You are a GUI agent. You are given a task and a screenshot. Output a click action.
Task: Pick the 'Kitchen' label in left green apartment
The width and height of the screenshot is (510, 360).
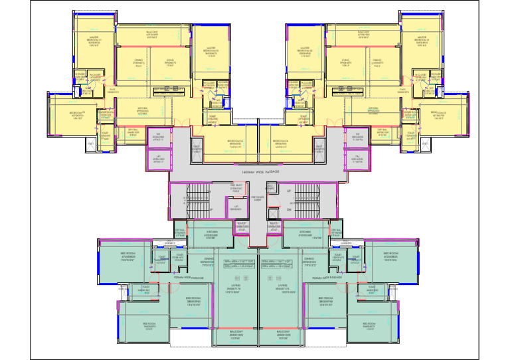tap(211, 234)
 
